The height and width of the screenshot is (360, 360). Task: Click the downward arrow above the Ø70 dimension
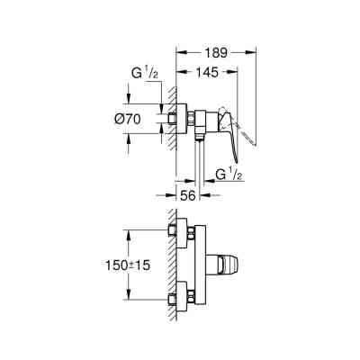click(121, 100)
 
